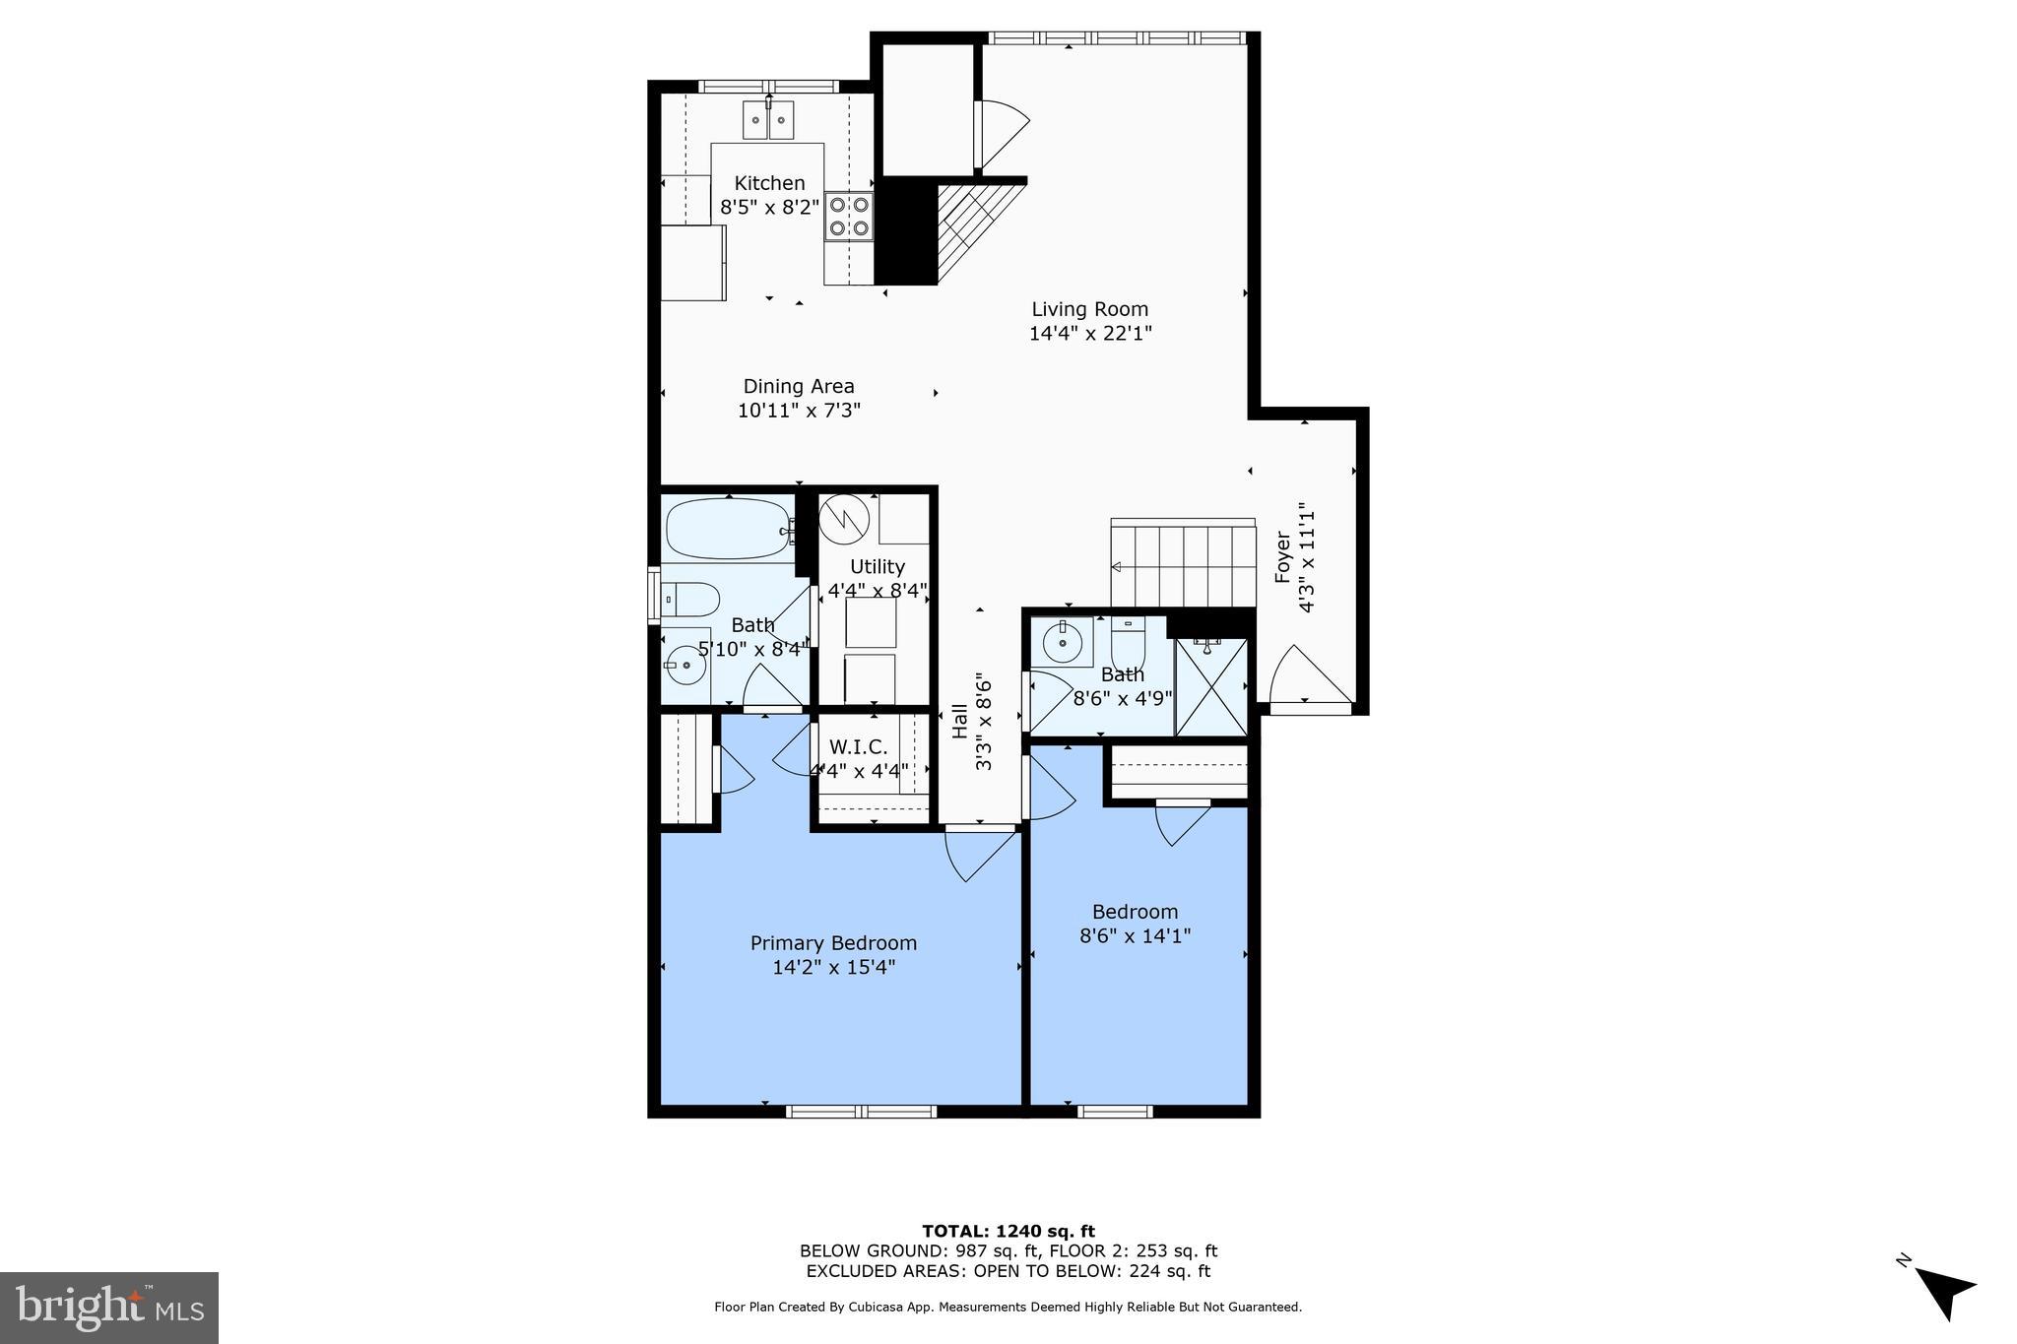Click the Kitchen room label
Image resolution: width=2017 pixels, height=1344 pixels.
pos(769,183)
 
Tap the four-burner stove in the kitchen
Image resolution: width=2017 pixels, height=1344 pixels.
pos(849,217)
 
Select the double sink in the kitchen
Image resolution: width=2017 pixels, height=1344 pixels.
pos(768,120)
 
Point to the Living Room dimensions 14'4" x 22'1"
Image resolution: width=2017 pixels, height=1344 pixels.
pos(1090,334)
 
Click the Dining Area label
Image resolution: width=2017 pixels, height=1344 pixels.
pos(798,387)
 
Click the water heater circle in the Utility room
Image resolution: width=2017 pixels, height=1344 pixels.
pos(844,518)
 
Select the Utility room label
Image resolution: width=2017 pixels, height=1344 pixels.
pos(877,567)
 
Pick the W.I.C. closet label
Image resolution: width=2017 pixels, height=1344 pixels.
pos(858,747)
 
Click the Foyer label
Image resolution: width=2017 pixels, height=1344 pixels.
pos(1283,557)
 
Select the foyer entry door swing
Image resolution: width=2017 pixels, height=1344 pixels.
pos(1306,677)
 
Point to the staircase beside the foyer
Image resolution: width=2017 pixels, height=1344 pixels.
pos(1183,565)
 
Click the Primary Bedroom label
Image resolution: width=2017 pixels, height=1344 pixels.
pos(833,943)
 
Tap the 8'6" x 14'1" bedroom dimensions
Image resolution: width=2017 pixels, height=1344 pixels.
pos(1135,935)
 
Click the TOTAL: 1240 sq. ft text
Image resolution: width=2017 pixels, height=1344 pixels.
pos(1008,1231)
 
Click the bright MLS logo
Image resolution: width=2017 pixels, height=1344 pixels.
pos(109,1308)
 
